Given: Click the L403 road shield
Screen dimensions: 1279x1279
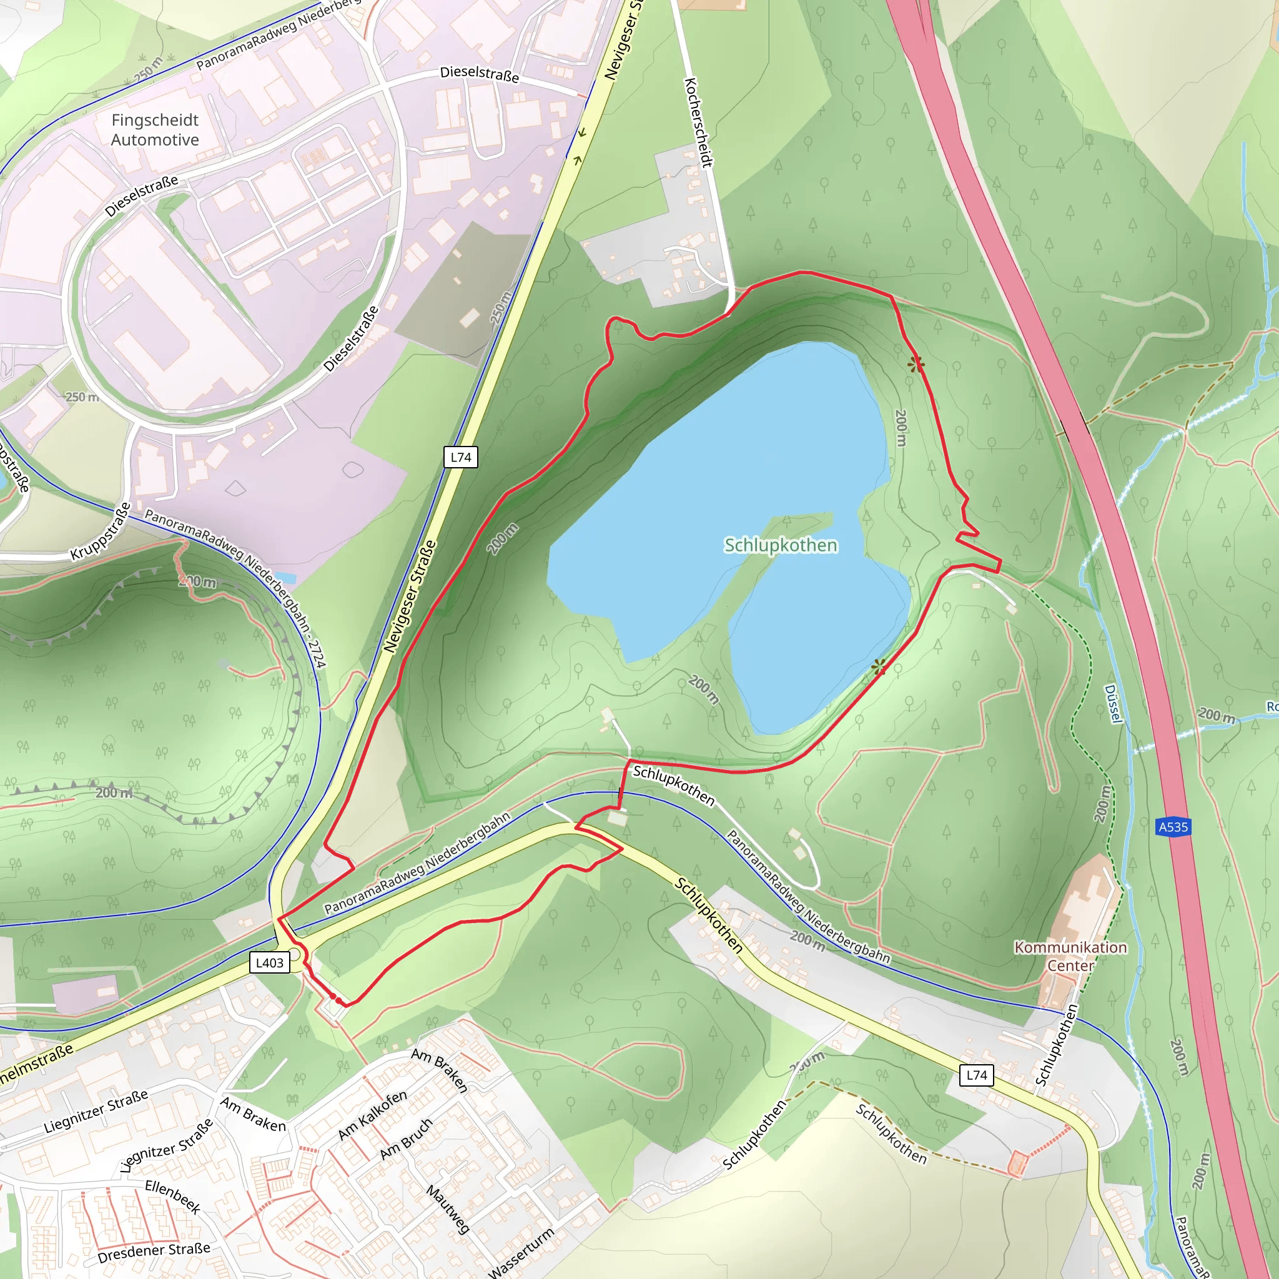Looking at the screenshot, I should click(269, 962).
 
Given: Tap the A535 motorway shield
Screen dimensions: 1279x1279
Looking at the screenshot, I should click(1173, 827).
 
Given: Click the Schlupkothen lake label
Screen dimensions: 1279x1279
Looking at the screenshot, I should click(781, 545).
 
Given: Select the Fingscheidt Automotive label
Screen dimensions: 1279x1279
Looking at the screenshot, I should click(155, 130).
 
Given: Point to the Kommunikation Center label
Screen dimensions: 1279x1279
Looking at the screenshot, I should click(1070, 956).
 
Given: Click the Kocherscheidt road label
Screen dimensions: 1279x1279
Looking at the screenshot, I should click(698, 122).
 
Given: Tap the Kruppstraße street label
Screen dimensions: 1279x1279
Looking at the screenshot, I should click(101, 531).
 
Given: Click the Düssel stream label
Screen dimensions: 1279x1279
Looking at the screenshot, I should click(1114, 704).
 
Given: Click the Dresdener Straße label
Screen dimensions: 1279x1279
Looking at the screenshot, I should click(154, 1252).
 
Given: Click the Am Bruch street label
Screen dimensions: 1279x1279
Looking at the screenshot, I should click(406, 1138).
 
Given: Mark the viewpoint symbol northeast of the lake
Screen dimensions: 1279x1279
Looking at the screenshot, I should click(916, 364).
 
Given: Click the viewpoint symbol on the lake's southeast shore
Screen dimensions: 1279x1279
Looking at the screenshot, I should click(879, 666).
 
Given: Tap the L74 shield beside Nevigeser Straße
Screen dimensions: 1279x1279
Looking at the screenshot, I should click(461, 457).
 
